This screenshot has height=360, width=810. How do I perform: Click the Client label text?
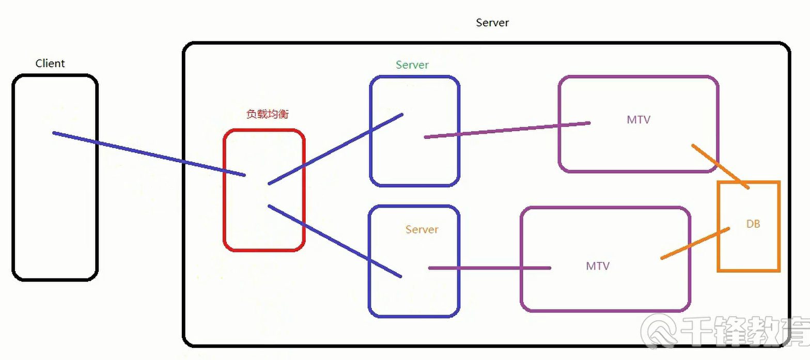50,64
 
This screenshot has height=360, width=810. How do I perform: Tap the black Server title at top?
492,23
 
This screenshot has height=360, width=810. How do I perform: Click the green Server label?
412,65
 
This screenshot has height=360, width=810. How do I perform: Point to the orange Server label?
422,230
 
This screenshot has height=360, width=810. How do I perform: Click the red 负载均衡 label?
267,114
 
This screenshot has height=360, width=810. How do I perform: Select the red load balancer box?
264,227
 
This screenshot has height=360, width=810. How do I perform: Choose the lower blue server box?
414,300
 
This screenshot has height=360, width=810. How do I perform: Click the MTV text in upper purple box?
638,120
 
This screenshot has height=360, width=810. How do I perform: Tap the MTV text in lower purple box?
597,267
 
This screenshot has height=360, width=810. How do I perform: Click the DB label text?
753,224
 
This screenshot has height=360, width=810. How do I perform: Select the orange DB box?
749,253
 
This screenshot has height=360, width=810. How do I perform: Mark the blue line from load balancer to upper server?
336,149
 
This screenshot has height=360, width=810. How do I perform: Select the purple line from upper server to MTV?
506,130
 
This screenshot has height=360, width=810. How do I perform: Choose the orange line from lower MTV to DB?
695,243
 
